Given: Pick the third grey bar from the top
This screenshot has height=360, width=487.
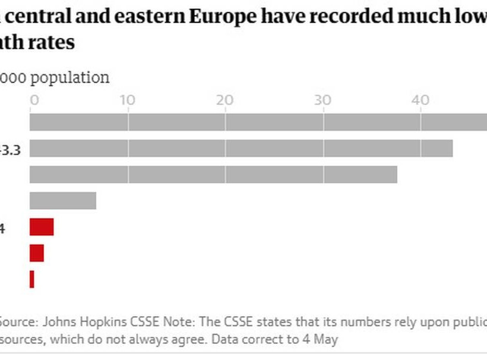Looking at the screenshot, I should (213, 175).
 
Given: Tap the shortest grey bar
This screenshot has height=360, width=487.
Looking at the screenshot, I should (63, 201).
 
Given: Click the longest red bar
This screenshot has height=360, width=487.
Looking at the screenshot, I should (42, 227).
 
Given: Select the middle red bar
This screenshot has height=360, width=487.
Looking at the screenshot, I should (37, 253).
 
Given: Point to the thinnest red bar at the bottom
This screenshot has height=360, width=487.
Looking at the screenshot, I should (32, 279).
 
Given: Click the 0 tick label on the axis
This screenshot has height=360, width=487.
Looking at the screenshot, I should (34, 100).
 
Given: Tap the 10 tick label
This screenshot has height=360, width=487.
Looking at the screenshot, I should (128, 100).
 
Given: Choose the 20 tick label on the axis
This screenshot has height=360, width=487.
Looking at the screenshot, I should (226, 100).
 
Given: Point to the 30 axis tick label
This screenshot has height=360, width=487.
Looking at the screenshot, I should (323, 100).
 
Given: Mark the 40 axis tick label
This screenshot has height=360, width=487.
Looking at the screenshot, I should (420, 100).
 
